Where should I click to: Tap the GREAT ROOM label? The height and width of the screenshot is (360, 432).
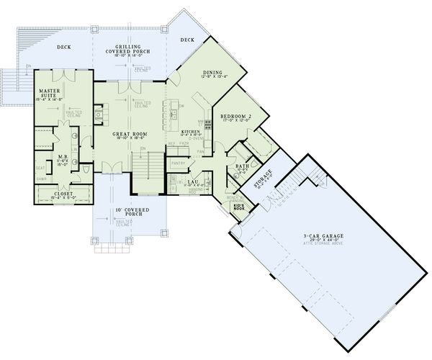[130, 133]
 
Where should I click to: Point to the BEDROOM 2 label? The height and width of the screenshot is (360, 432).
[235, 116]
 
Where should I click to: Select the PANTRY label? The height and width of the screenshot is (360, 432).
[178, 163]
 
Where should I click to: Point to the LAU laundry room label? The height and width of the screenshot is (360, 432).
[192, 181]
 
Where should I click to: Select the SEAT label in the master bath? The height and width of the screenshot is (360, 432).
[40, 169]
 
